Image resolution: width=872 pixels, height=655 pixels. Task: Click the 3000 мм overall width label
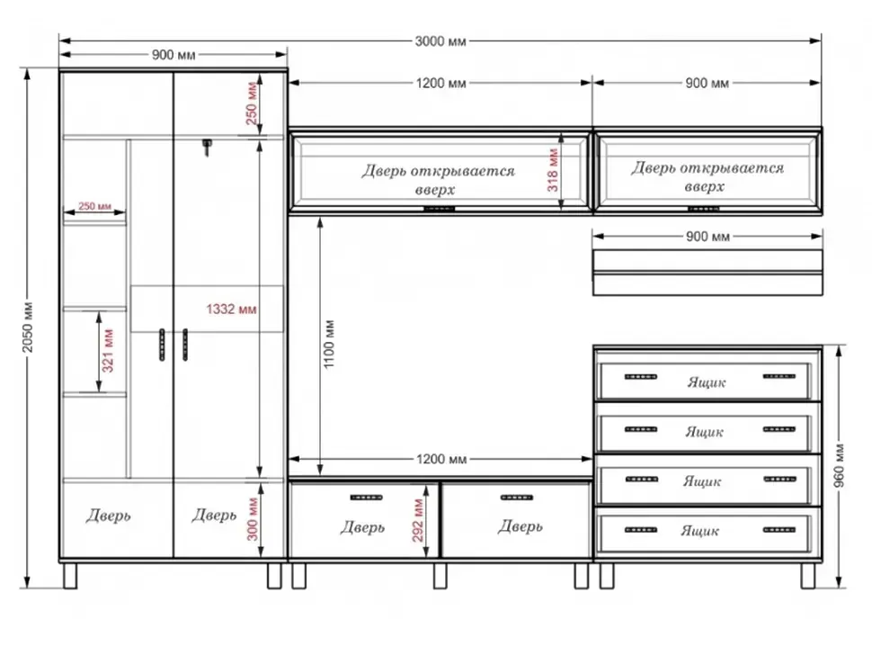[x=440, y=41]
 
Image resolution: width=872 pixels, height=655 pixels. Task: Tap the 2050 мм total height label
[x=28, y=327]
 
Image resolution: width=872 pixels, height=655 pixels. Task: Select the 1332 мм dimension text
[x=231, y=309]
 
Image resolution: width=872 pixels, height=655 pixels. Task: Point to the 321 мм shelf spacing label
[x=107, y=351]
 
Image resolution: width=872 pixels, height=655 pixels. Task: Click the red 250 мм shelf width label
[x=94, y=206]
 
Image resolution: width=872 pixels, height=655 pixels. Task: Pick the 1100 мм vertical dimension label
[x=329, y=344]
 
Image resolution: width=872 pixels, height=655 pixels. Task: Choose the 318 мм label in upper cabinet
[x=552, y=170]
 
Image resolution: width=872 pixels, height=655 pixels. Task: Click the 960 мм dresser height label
[x=840, y=466]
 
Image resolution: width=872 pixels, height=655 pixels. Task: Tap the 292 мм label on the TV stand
[x=418, y=521]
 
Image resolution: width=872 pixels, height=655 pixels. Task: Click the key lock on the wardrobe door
[x=207, y=147]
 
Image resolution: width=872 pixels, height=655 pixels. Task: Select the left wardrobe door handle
[x=162, y=345]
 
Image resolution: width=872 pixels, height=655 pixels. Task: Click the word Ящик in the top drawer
[x=707, y=383]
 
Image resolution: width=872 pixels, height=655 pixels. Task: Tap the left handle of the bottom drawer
[x=641, y=530]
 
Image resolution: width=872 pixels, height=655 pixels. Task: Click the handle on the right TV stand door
[x=517, y=498]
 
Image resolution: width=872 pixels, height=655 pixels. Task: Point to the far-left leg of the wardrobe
[x=70, y=576]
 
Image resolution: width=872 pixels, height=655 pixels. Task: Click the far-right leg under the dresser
[x=807, y=576]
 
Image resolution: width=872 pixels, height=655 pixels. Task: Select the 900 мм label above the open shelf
[x=707, y=237]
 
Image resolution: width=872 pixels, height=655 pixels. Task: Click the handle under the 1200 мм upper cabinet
[x=440, y=209]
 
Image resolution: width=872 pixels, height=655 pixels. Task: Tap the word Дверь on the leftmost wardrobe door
[x=109, y=516]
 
